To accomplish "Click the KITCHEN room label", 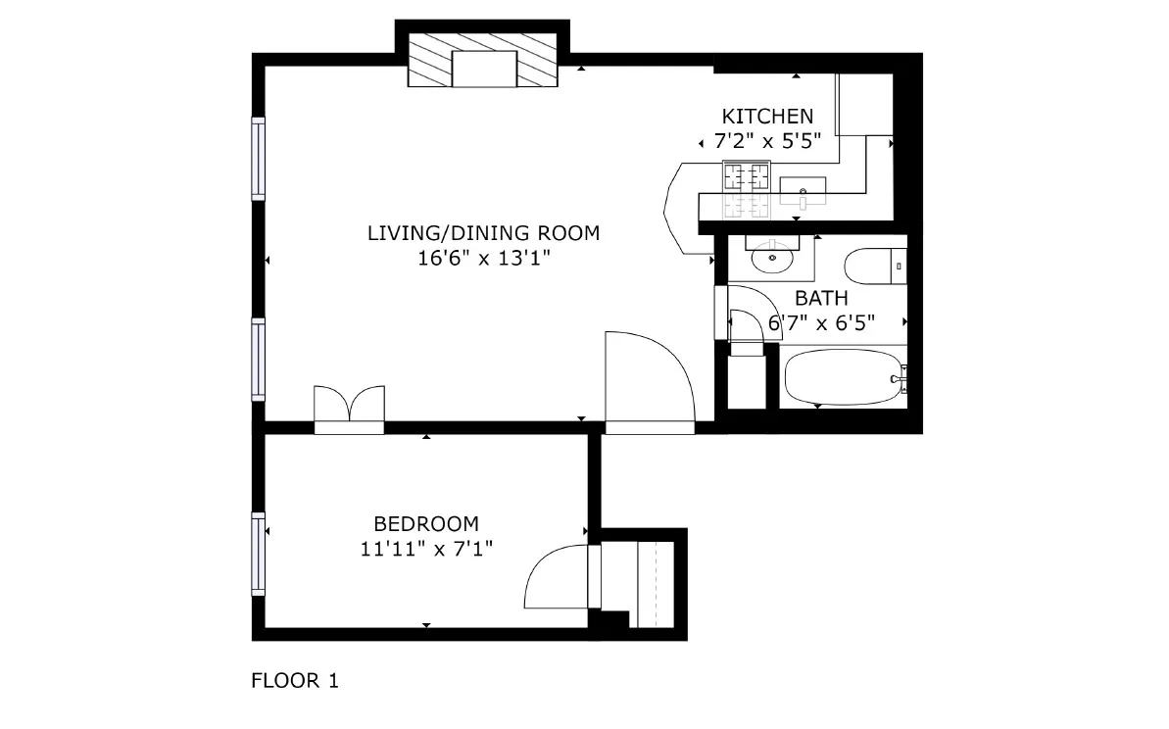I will tap(767, 116).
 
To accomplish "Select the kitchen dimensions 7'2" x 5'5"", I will tap(767, 141).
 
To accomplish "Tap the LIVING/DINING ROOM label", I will tap(482, 233).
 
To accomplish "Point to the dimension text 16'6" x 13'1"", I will tap(482, 259).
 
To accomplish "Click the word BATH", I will tap(821, 298).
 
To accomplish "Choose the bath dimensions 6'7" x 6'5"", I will tap(821, 321).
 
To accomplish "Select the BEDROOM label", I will tap(426, 523).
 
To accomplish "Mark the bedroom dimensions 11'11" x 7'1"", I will tap(426, 549).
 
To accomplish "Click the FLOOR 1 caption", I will tap(295, 680).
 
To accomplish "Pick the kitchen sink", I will tap(803, 190).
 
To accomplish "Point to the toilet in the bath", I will tap(875, 267).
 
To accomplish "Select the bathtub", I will tap(843, 378).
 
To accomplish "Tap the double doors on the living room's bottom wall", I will tap(349, 408).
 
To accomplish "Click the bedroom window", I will tap(259, 554).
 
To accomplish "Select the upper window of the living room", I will tap(259, 159).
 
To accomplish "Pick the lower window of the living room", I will tap(259, 359).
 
